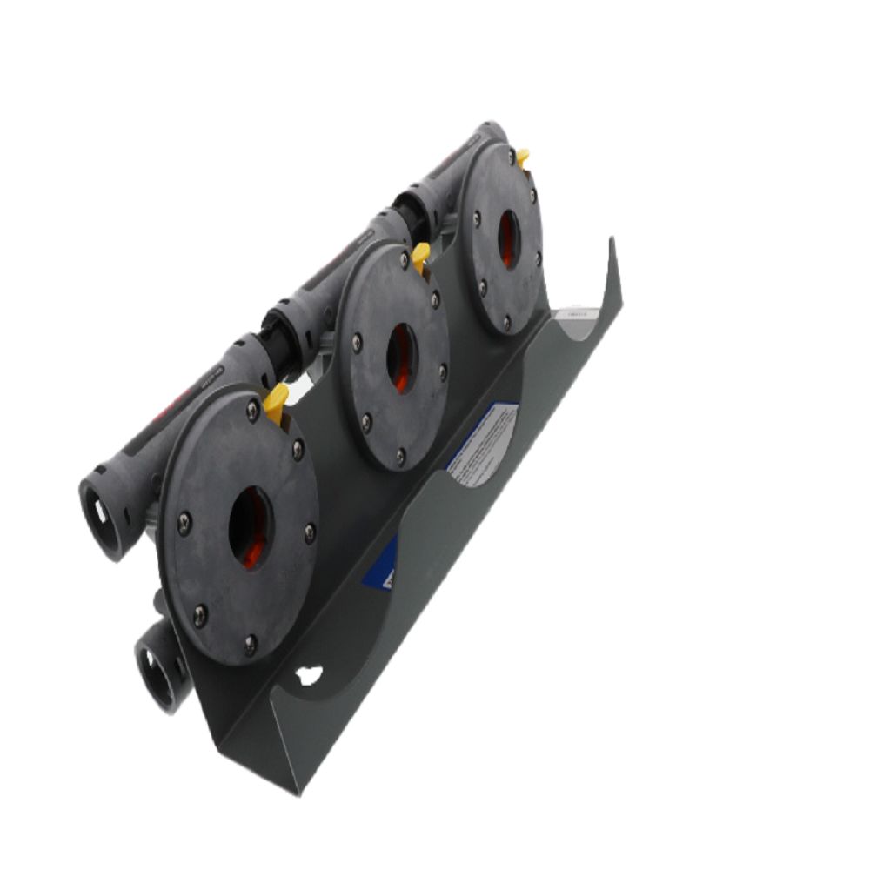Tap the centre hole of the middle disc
401,358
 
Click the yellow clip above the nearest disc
276,403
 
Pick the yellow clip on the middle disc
421,257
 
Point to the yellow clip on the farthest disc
522,157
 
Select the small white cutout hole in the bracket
309,674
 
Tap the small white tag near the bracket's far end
572,311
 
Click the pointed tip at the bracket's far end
612,242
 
